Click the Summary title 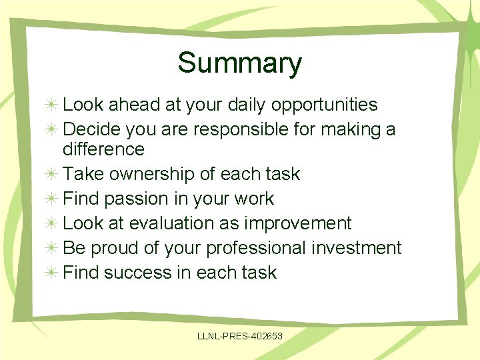[x=239, y=63]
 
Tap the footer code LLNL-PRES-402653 [x=240, y=336]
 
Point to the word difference [x=103, y=149]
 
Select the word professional [x=256, y=248]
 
